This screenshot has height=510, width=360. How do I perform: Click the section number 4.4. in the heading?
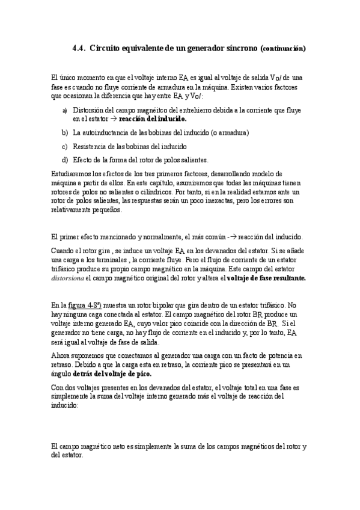coord(79,48)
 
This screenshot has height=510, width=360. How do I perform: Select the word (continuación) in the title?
coord(284,48)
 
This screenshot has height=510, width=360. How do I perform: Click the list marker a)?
coord(65,111)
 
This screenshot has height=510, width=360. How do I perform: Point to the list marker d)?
coord(65,160)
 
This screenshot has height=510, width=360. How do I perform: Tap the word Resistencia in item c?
coord(91,146)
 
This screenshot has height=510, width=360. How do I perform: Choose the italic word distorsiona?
coord(69,278)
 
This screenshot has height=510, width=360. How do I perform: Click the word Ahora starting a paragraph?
coord(63,356)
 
